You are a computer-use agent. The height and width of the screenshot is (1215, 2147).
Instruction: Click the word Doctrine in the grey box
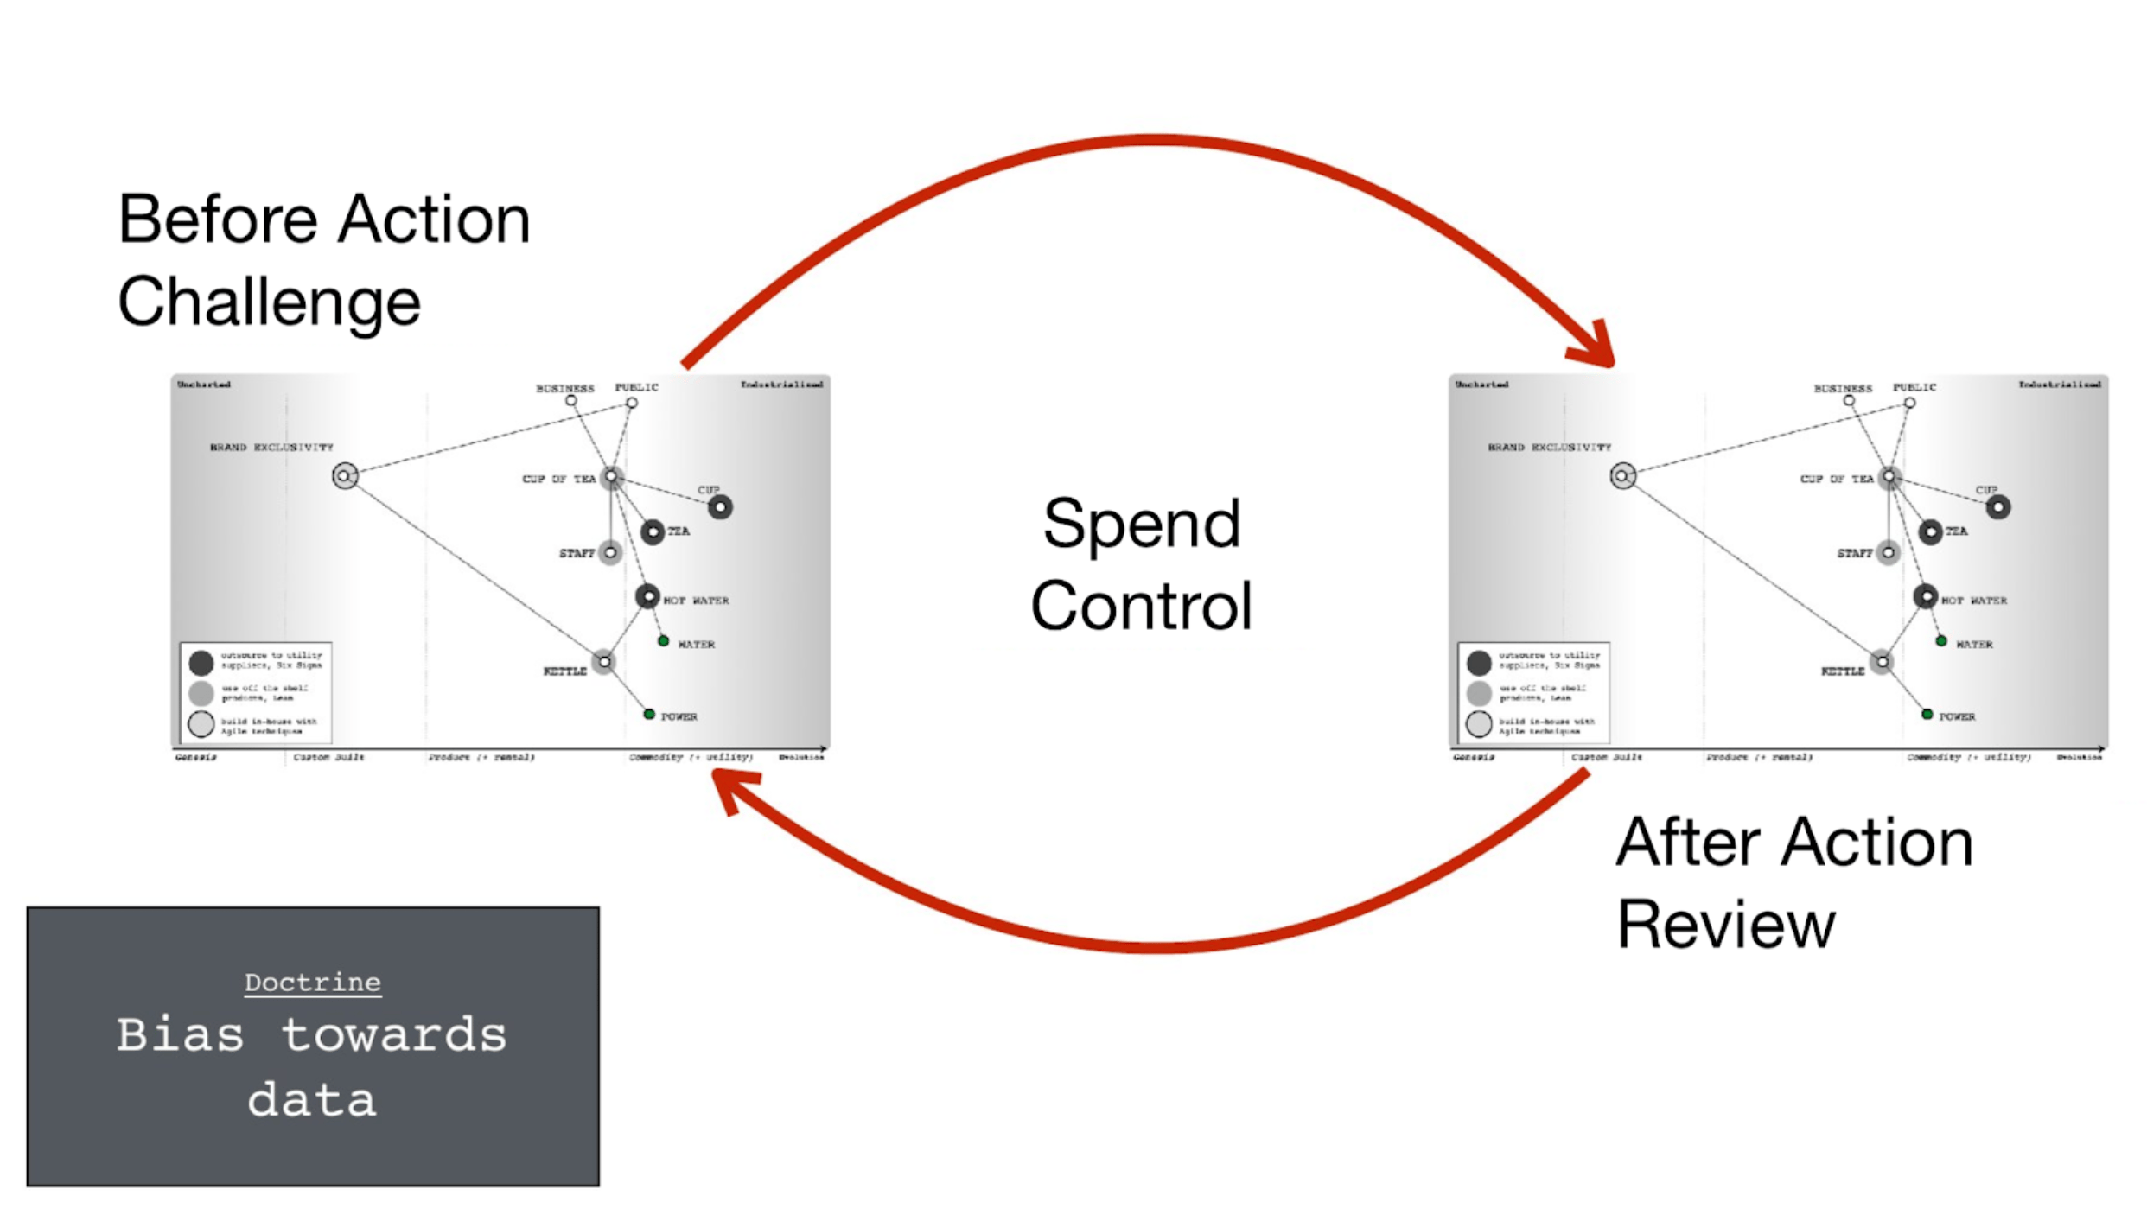point(312,983)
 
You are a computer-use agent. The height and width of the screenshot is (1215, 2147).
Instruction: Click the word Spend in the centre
point(1141,525)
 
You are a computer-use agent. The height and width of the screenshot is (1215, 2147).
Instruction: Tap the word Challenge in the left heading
point(269,302)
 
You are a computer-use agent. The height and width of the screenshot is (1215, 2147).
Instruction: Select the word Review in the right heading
point(1725,925)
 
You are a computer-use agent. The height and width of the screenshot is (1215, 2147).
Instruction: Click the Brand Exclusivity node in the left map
point(345,475)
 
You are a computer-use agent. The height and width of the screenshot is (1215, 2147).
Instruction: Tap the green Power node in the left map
point(649,715)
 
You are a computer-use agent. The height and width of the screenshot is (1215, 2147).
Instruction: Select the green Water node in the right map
point(1941,641)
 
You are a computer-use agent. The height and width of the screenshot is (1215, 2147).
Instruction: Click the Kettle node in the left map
point(604,662)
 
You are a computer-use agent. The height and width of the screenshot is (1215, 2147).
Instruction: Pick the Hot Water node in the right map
point(1925,596)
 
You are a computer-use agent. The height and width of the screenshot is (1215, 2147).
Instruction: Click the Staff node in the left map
point(610,552)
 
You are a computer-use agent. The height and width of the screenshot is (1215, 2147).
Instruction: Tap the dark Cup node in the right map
point(1997,507)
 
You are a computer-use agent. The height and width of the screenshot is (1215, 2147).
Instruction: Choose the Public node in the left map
point(632,403)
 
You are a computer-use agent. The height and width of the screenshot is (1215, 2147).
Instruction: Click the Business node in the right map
point(1849,401)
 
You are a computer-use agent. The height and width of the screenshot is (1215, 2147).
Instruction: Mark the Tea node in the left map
point(653,531)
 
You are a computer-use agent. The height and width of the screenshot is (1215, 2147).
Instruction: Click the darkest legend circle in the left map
point(201,663)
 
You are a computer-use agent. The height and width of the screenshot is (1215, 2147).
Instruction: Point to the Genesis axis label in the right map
point(1474,757)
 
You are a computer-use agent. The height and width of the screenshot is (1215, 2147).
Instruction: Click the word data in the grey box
point(311,1100)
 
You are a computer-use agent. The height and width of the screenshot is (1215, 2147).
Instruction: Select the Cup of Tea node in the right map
point(1889,476)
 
